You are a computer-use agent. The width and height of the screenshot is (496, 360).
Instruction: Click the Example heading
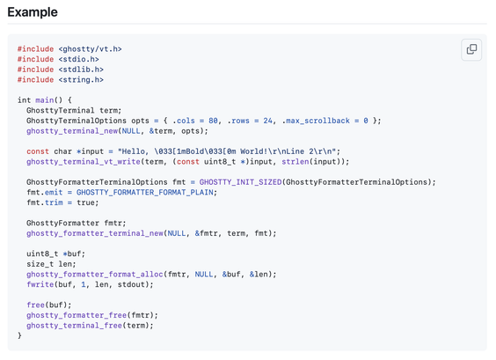[33, 12]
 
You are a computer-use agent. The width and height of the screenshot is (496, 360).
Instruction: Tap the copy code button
[471, 49]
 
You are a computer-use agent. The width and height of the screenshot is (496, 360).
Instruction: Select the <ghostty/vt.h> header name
[91, 49]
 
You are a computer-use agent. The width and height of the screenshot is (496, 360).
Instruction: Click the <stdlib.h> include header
[81, 70]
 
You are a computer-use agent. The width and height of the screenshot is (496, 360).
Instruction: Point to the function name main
[45, 100]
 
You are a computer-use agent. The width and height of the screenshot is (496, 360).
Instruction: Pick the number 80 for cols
[213, 121]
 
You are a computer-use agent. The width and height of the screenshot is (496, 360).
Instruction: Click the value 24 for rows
[268, 121]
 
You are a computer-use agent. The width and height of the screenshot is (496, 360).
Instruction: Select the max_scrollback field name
[317, 121]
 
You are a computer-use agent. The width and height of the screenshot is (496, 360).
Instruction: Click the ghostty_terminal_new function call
[72, 131]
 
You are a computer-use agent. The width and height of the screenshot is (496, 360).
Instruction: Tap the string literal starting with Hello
[227, 151]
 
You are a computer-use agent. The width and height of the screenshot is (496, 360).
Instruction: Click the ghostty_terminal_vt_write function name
[84, 161]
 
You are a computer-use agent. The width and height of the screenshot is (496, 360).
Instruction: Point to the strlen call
[295, 161]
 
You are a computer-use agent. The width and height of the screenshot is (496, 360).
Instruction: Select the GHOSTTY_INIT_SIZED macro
[240, 182]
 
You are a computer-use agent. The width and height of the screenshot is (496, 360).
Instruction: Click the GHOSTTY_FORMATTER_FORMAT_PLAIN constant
[145, 192]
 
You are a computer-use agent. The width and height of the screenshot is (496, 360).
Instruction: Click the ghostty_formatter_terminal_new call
[95, 233]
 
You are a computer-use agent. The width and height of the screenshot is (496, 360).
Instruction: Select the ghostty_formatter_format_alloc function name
[95, 274]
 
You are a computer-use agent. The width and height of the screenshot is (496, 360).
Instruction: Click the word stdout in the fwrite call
[131, 284]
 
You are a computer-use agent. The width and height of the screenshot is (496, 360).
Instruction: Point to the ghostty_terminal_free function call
[75, 325]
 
